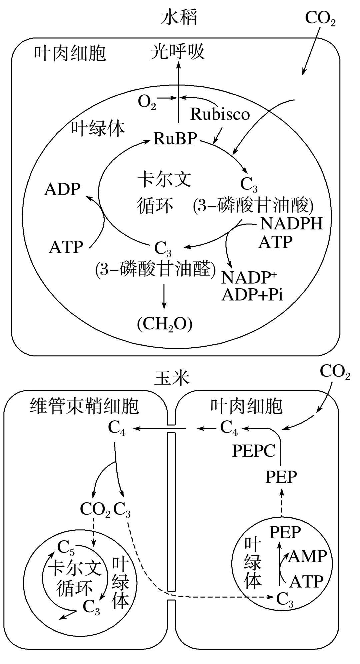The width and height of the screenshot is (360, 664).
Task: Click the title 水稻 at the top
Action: pyautogui.click(x=179, y=17)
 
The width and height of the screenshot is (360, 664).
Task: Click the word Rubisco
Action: pyautogui.click(x=220, y=114)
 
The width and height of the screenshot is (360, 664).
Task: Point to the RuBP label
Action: pyautogui.click(x=175, y=138)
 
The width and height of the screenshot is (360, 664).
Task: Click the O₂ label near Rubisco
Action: pyautogui.click(x=147, y=102)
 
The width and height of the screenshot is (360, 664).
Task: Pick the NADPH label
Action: pyautogui.click(x=291, y=223)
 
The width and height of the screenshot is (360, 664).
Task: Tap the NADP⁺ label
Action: pyautogui.click(x=249, y=277)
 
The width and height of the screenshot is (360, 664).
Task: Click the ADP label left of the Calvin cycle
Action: pyautogui.click(x=62, y=189)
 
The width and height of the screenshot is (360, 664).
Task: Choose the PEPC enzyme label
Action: pyautogui.click(x=254, y=451)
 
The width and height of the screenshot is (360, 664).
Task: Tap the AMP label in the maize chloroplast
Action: pyautogui.click(x=307, y=556)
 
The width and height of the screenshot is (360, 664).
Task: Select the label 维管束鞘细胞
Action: pyautogui.click(x=84, y=406)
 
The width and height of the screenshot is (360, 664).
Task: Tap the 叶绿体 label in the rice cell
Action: pyautogui.click(x=98, y=128)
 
